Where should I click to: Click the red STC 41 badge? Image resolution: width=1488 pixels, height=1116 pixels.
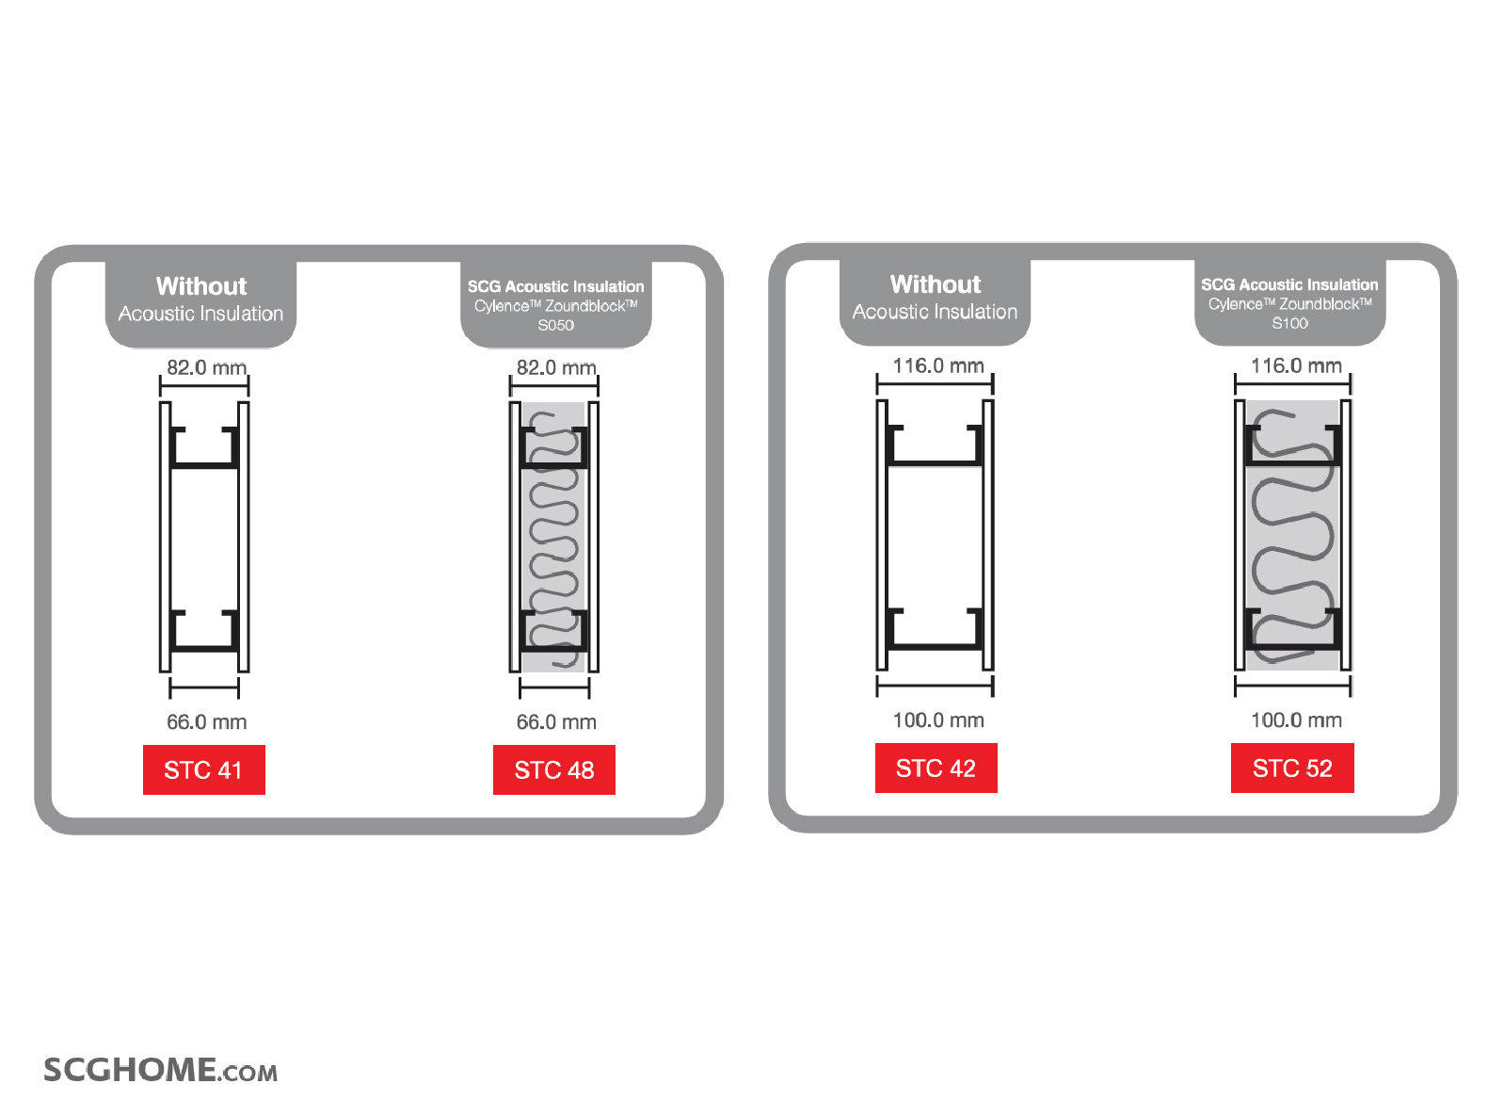pyautogui.click(x=204, y=769)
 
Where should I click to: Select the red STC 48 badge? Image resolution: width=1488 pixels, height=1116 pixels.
pyautogui.click(x=553, y=769)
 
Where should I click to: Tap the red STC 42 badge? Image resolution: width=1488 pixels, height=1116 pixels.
pyautogui.click(x=936, y=768)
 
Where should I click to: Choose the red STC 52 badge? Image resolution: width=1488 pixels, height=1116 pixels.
pyautogui.click(x=1292, y=768)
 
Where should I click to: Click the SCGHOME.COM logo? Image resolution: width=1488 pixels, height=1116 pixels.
pyautogui.click(x=161, y=1069)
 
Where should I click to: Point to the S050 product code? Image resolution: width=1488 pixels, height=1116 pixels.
pyautogui.click(x=556, y=326)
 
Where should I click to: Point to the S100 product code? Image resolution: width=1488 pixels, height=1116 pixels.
pyautogui.click(x=1289, y=323)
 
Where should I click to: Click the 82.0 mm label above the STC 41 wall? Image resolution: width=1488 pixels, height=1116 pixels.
pyautogui.click(x=206, y=367)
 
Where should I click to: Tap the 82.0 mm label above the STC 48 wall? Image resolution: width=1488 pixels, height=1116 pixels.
pyautogui.click(x=556, y=367)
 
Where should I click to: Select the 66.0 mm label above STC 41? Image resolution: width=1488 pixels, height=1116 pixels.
pyautogui.click(x=206, y=721)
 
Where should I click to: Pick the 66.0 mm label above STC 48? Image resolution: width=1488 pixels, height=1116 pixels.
pyautogui.click(x=556, y=721)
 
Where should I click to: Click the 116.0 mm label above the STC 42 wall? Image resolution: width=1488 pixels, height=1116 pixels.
pyautogui.click(x=937, y=365)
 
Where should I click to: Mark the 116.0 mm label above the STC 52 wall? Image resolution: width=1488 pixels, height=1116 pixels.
pyautogui.click(x=1295, y=365)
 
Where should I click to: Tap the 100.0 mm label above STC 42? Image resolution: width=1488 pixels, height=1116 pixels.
pyautogui.click(x=937, y=720)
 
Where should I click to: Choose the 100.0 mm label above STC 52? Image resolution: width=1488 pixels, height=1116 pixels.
pyautogui.click(x=1295, y=720)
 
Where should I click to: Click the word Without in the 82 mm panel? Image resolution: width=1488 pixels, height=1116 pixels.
pyautogui.click(x=201, y=286)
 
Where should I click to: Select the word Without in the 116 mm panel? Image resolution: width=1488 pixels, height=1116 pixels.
pyautogui.click(x=936, y=284)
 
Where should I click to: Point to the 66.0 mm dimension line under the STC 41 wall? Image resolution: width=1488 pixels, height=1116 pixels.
pyautogui.click(x=204, y=687)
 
